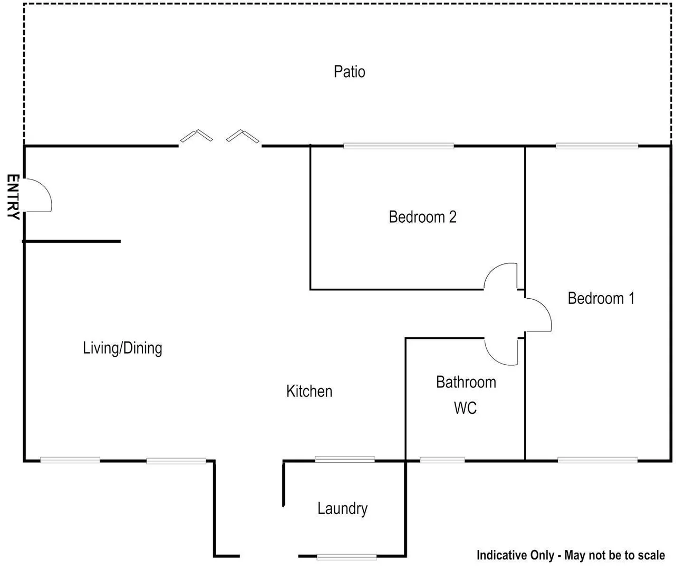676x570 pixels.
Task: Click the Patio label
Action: click(349, 71)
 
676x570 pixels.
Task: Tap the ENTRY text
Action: click(13, 196)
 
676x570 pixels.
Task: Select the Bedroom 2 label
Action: click(422, 217)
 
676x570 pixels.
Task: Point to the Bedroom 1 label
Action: click(601, 298)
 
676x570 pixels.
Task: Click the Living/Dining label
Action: click(122, 348)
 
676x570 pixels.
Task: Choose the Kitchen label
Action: click(309, 391)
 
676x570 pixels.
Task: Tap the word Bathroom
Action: click(466, 382)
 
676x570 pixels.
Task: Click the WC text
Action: click(465, 408)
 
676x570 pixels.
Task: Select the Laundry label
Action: click(342, 509)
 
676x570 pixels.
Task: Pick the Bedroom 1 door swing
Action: click(538, 315)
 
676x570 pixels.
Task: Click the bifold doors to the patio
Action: click(220, 136)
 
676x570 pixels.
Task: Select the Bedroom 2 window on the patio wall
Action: click(399, 146)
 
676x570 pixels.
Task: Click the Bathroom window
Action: click(442, 460)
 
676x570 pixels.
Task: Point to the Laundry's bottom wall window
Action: click(346, 556)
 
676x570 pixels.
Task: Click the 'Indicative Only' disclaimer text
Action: click(571, 555)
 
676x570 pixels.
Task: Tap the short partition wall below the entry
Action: click(72, 241)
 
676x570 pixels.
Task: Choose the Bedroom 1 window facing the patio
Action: click(597, 146)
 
